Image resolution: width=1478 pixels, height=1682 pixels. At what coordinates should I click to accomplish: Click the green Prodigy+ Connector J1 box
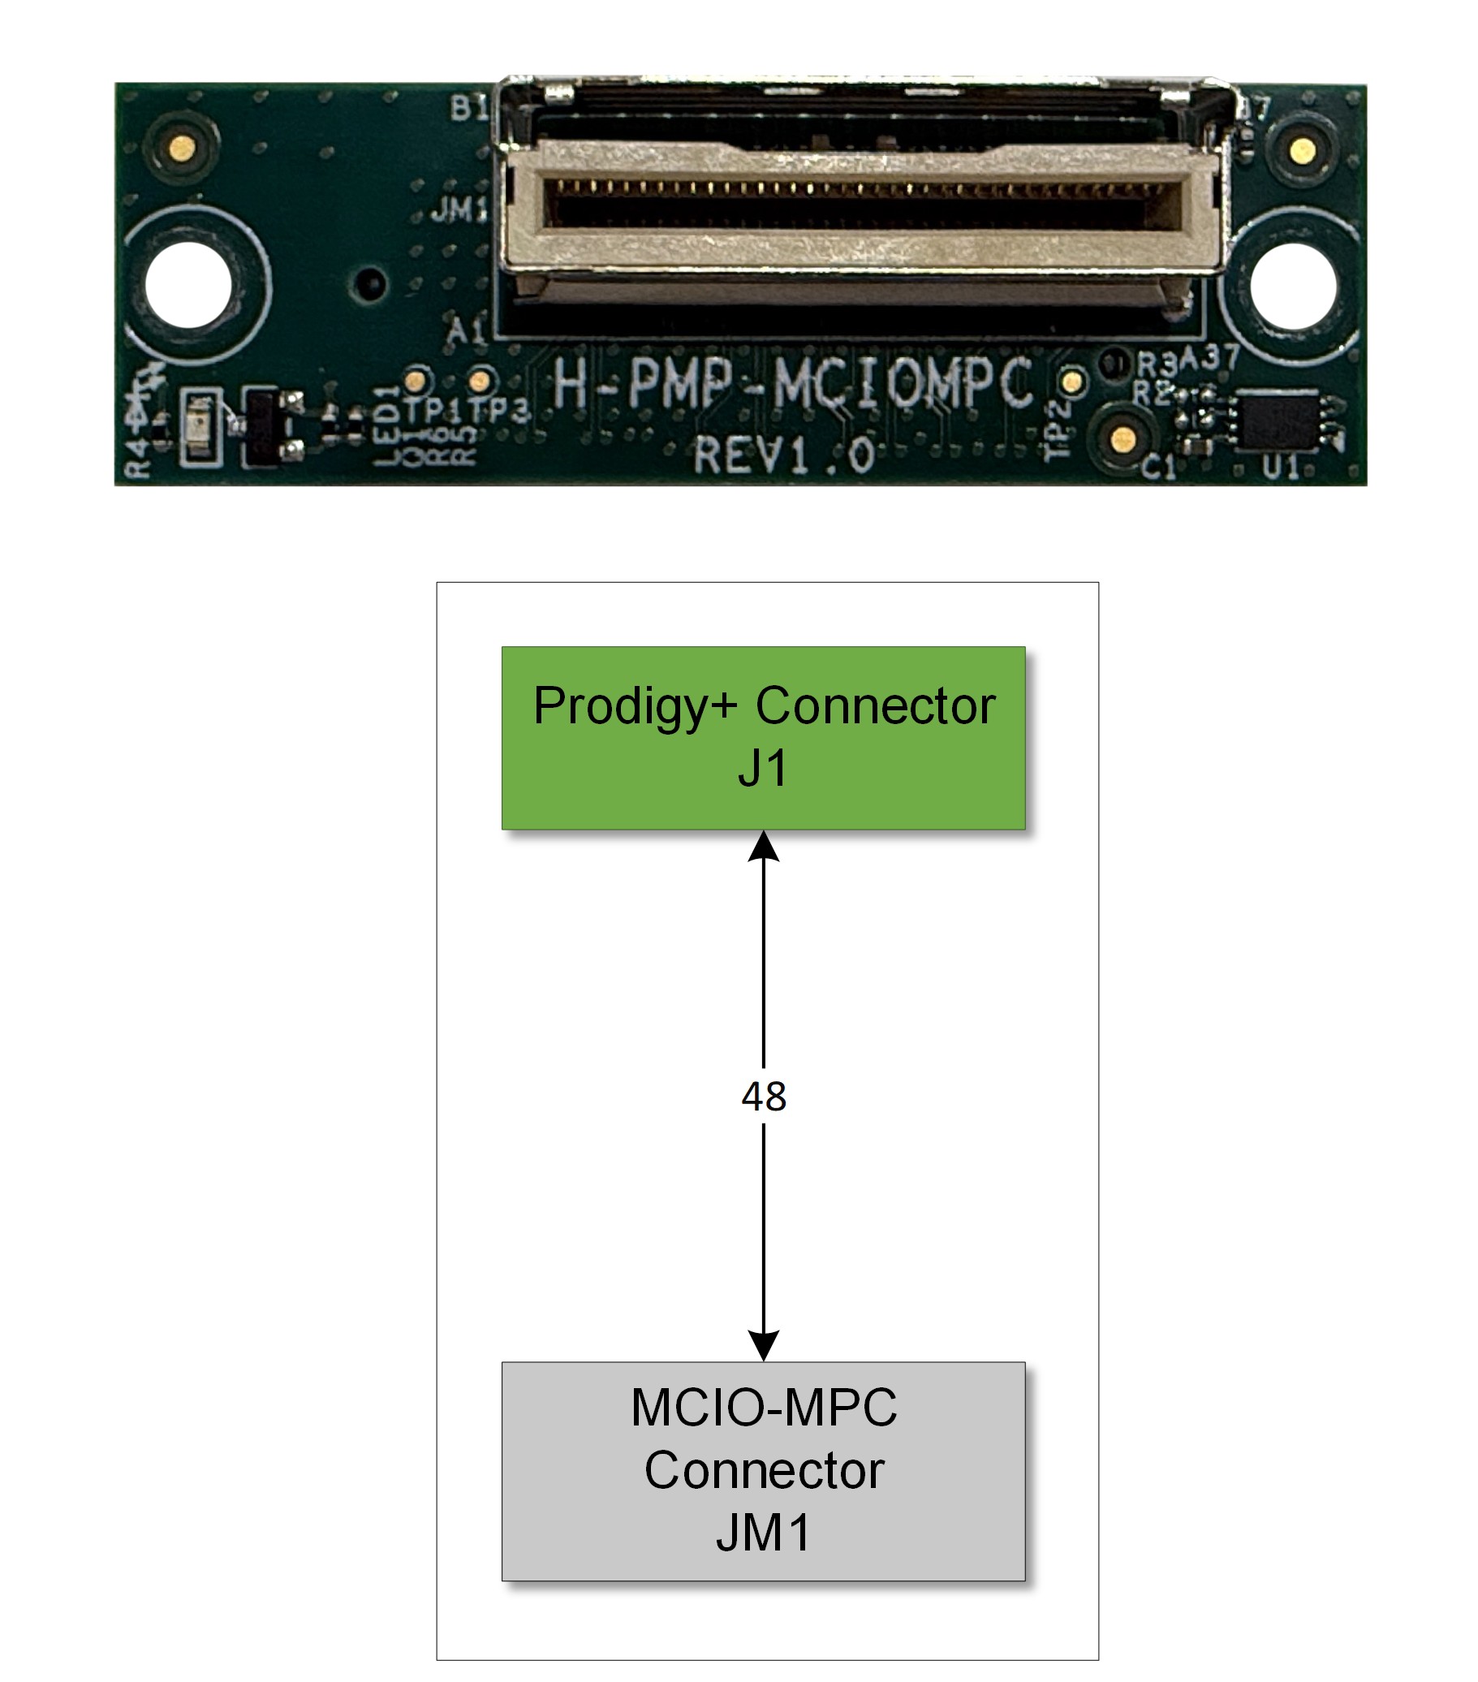(763, 737)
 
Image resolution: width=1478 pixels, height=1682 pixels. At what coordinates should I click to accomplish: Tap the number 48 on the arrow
(763, 1096)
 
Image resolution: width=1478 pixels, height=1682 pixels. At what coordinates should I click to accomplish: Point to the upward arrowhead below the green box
(763, 847)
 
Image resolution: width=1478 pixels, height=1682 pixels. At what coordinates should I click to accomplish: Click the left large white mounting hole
(188, 285)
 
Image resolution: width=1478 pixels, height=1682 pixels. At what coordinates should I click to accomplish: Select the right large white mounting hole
(1292, 285)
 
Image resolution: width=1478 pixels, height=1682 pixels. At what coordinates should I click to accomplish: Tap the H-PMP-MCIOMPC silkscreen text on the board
(791, 383)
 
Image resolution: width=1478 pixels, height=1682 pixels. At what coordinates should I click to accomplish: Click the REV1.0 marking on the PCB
(783, 455)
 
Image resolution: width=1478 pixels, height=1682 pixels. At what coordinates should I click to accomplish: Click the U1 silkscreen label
(1281, 468)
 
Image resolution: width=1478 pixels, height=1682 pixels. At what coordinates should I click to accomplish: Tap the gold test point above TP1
(417, 381)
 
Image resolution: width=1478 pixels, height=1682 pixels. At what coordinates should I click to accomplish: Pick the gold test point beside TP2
(1071, 382)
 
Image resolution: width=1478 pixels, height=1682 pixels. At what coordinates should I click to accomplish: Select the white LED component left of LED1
(200, 427)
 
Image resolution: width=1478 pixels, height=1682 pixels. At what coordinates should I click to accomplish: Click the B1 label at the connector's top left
(469, 108)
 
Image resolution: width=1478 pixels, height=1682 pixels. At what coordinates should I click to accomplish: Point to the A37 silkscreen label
(1209, 357)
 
